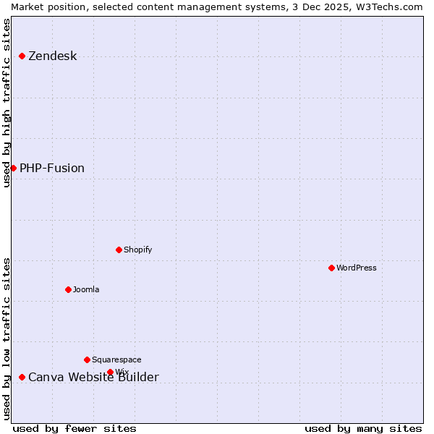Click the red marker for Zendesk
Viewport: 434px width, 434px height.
click(22, 56)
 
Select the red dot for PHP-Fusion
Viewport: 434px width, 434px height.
click(13, 169)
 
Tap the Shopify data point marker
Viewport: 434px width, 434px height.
click(119, 250)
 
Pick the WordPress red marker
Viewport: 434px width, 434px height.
click(331, 268)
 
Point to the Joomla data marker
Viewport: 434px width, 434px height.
click(68, 290)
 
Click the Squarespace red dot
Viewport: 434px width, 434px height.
click(87, 360)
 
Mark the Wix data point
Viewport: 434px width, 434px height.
click(110, 373)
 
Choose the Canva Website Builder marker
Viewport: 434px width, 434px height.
click(22, 378)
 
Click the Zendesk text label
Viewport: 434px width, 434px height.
click(52, 56)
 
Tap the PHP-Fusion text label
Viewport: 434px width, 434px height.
click(52, 169)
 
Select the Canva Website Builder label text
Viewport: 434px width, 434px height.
click(93, 378)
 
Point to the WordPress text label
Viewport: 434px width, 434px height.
click(357, 268)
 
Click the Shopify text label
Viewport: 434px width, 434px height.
click(138, 250)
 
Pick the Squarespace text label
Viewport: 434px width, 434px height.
click(116, 360)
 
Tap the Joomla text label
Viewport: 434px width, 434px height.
click(86, 290)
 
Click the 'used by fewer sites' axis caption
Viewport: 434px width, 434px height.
click(75, 429)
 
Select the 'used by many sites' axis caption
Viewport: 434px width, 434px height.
click(363, 429)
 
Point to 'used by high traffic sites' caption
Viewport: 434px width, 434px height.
click(7, 103)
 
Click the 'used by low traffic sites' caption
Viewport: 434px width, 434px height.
click(7, 339)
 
